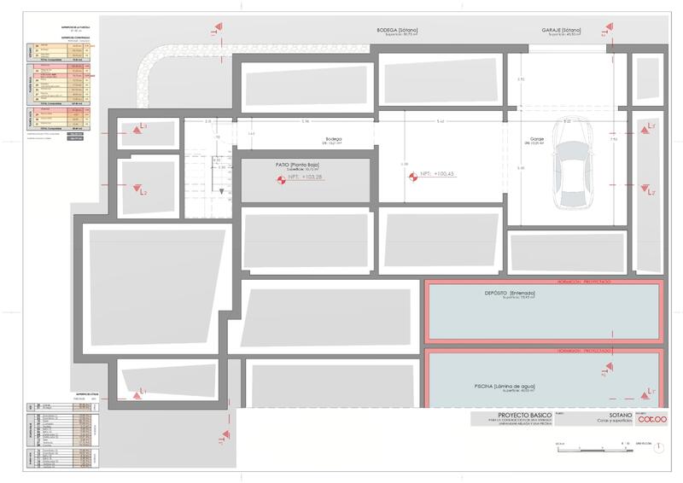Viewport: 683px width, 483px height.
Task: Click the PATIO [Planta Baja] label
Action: coord(306,164)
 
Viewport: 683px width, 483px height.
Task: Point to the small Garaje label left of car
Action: coord(537,138)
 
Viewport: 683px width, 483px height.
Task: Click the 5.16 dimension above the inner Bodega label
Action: coord(305,121)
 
